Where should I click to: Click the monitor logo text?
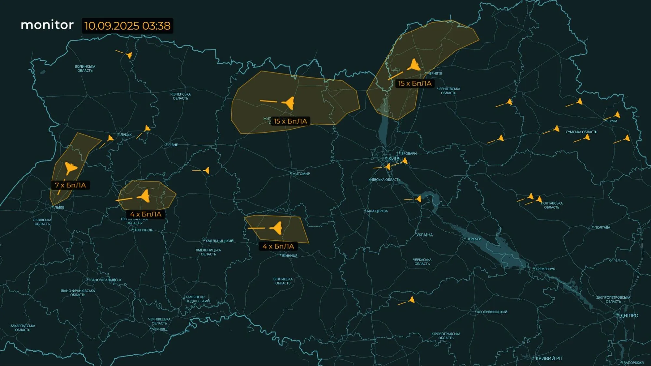point(47,25)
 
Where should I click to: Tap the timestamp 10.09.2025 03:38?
point(127,26)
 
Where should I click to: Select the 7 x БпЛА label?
point(70,185)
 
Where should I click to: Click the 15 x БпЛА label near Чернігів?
point(415,84)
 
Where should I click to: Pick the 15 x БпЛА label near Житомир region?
point(290,121)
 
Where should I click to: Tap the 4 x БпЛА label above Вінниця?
point(278,246)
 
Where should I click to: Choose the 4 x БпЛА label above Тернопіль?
point(146,214)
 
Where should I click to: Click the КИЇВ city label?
point(394,159)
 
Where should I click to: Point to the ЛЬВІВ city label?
point(59,207)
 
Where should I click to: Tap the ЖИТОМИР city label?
point(301,174)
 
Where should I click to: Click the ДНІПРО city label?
point(629,316)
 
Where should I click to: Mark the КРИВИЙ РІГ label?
point(549,358)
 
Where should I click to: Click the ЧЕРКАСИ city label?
point(474,239)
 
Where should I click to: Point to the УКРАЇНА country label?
point(424,235)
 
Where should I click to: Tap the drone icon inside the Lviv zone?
point(71,168)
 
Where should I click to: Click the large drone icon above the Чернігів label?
point(414,65)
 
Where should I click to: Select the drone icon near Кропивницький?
point(412,300)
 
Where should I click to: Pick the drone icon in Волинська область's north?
point(129,55)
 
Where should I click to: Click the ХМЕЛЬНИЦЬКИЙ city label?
point(219,241)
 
